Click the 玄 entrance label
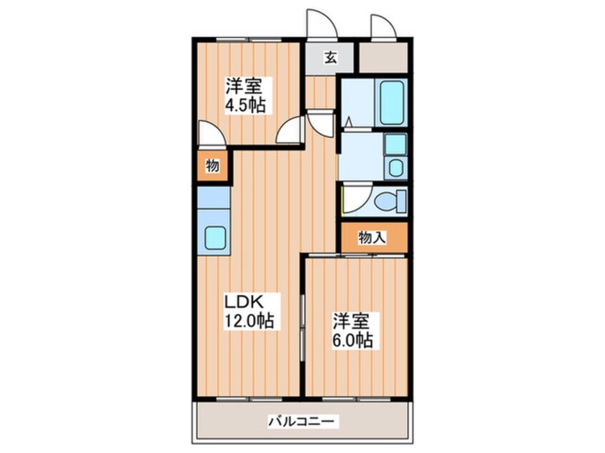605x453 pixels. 330,58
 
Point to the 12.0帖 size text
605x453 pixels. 250,320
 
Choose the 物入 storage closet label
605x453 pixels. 373,238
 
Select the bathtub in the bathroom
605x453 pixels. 393,102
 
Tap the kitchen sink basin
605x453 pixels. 215,237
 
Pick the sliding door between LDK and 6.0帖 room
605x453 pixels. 303,324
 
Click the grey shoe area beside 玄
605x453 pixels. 383,58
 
